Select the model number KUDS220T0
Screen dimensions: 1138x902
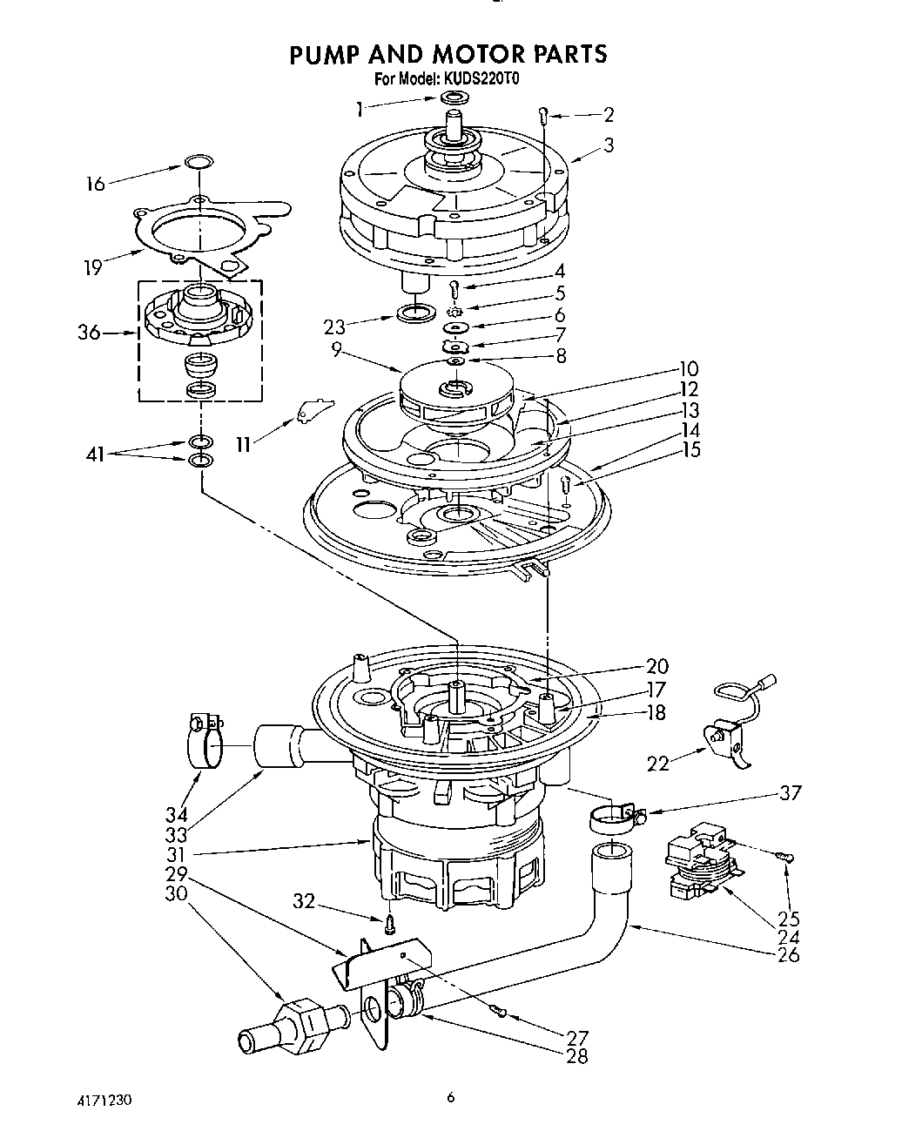pos(481,78)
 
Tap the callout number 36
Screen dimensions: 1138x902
pos(89,333)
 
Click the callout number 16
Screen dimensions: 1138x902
pos(95,183)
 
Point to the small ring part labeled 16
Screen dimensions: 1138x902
pos(199,161)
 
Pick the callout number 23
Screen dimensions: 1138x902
pos(334,327)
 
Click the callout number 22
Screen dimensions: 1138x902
pos(659,764)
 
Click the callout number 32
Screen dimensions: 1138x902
pos(304,902)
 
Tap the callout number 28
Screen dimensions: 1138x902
pos(576,1056)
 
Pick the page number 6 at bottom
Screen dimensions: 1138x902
pos(450,1098)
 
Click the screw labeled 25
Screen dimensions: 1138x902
pos(786,859)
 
